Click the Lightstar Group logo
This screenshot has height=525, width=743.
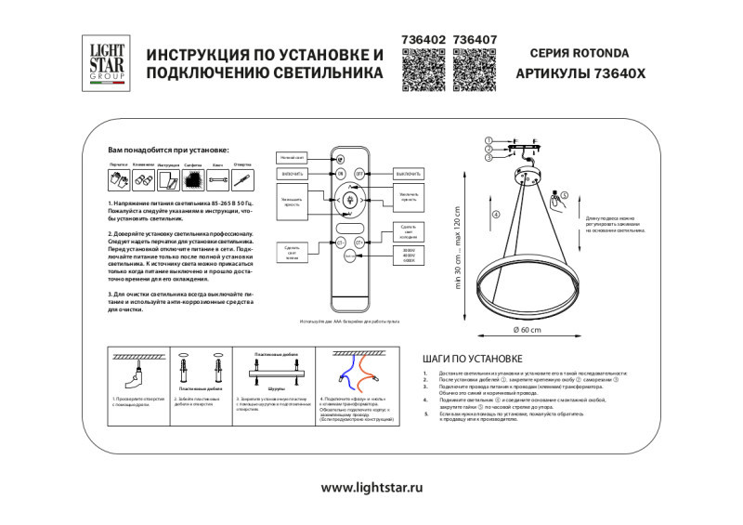[105, 60]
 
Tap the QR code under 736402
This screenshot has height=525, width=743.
[422, 70]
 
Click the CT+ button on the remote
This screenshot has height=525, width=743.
[358, 243]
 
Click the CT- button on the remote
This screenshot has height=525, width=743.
[340, 243]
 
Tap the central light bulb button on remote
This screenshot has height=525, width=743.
[350, 199]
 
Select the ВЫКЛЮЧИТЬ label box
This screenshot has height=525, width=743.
[408, 174]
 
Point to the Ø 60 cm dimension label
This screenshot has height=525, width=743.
[527, 330]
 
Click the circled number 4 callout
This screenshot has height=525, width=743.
[496, 215]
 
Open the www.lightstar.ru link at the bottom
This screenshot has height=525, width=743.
[371, 486]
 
